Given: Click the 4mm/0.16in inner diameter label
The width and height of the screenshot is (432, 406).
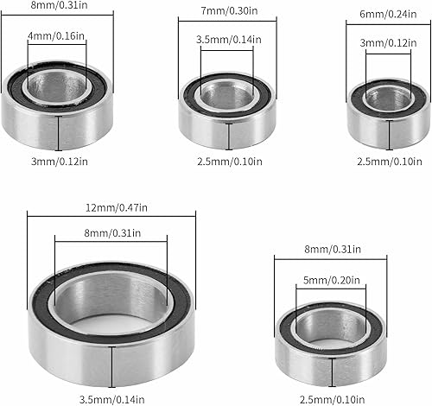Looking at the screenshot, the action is (x=56, y=36).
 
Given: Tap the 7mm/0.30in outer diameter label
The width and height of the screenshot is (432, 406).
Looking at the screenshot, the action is (x=229, y=11).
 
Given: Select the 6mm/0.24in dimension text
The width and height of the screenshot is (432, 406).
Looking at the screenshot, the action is (x=388, y=14).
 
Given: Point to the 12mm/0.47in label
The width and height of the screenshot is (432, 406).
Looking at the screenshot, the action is (x=117, y=207).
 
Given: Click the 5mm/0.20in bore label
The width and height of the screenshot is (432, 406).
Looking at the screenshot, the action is (x=332, y=280).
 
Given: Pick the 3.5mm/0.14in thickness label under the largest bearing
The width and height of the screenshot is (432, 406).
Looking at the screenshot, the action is (x=111, y=399).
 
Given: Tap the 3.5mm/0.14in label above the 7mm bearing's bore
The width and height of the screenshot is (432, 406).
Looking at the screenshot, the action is (x=229, y=40).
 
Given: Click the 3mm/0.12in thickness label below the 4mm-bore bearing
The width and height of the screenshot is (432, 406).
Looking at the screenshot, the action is (x=60, y=162).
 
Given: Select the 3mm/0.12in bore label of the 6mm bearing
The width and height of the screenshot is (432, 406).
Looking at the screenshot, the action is (x=388, y=43).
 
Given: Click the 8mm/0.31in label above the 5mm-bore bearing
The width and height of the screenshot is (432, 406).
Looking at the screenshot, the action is (x=333, y=249).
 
